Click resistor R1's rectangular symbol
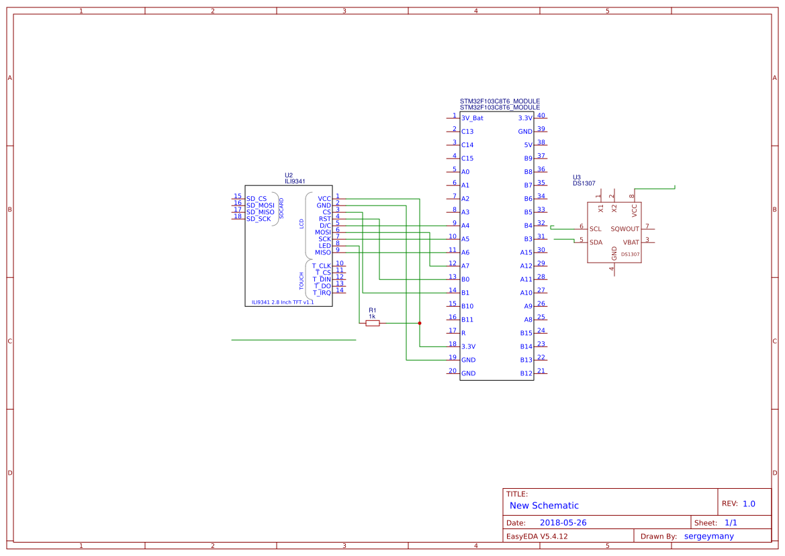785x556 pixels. (373, 323)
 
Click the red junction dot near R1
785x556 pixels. (420, 323)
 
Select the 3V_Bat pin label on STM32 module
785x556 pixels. (472, 118)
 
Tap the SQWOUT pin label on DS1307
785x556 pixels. (625, 229)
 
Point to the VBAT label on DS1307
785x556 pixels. (631, 242)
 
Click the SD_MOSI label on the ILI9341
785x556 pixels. (260, 205)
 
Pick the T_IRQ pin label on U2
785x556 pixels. (322, 293)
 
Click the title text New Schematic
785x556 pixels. (544, 506)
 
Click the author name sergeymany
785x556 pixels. (708, 537)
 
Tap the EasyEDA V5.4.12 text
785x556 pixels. (537, 537)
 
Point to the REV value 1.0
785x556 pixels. (749, 504)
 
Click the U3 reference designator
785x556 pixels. (577, 177)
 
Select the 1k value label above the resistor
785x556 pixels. (372, 316)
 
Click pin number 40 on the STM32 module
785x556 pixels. (541, 115)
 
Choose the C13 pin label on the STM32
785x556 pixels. (467, 132)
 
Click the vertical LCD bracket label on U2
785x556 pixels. (302, 224)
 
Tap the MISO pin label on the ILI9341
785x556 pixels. (323, 252)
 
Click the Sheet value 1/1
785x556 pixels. (731, 523)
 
